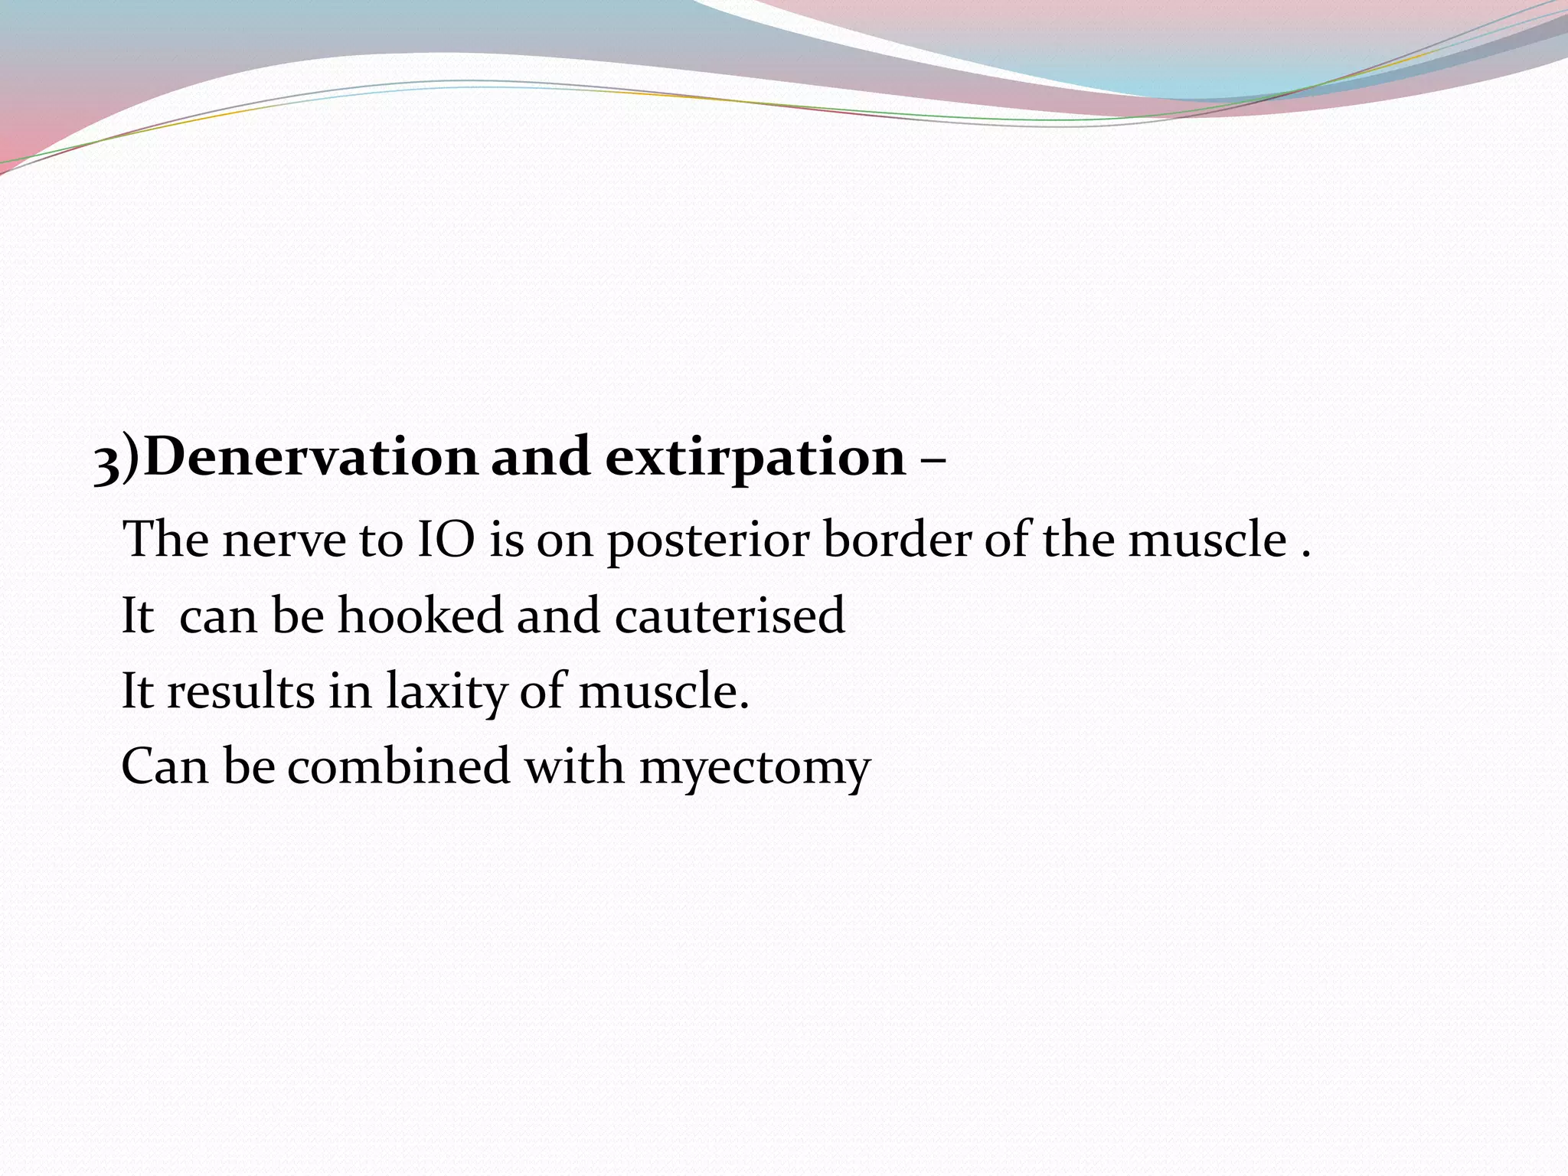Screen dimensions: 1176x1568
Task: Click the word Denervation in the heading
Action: click(310, 457)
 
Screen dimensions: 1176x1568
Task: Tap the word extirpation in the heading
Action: click(755, 457)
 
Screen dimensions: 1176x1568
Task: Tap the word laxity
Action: click(445, 692)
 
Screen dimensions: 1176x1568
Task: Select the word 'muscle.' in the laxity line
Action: click(663, 691)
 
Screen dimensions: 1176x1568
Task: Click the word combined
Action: click(398, 766)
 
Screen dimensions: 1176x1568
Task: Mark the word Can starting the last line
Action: click(165, 766)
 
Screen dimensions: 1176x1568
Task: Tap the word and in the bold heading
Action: click(540, 457)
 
